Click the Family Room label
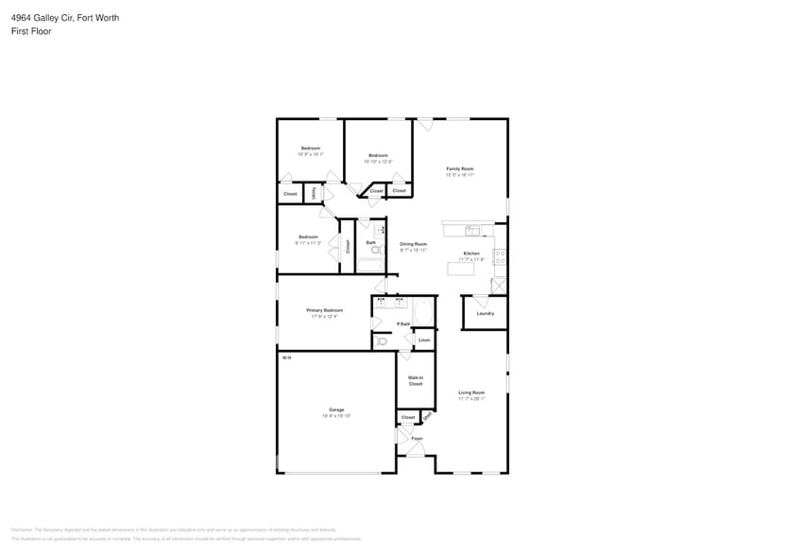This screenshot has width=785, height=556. pos(460,168)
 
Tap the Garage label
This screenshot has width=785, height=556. pos(336,409)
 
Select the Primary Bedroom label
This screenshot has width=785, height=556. pos(324,310)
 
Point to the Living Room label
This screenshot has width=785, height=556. pos(471,392)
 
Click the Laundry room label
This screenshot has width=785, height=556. pos(485,313)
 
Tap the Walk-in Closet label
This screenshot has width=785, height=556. pos(415,380)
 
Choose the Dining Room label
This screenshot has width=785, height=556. pos(413,244)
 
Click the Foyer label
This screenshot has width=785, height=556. pos(417,439)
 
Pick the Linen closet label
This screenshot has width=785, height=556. pos(424,339)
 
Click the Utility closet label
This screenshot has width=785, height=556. pos(315,193)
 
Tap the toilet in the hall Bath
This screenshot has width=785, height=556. pos(375,251)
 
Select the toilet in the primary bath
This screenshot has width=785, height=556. pos(380,342)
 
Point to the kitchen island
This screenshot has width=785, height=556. pos(460,269)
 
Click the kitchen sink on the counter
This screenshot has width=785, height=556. pos(471,230)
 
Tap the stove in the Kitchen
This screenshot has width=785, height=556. pos(500,255)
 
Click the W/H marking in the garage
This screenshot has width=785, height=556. pos(285,357)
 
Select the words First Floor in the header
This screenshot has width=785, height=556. pos(31,31)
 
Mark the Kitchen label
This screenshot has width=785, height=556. pos(471,253)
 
